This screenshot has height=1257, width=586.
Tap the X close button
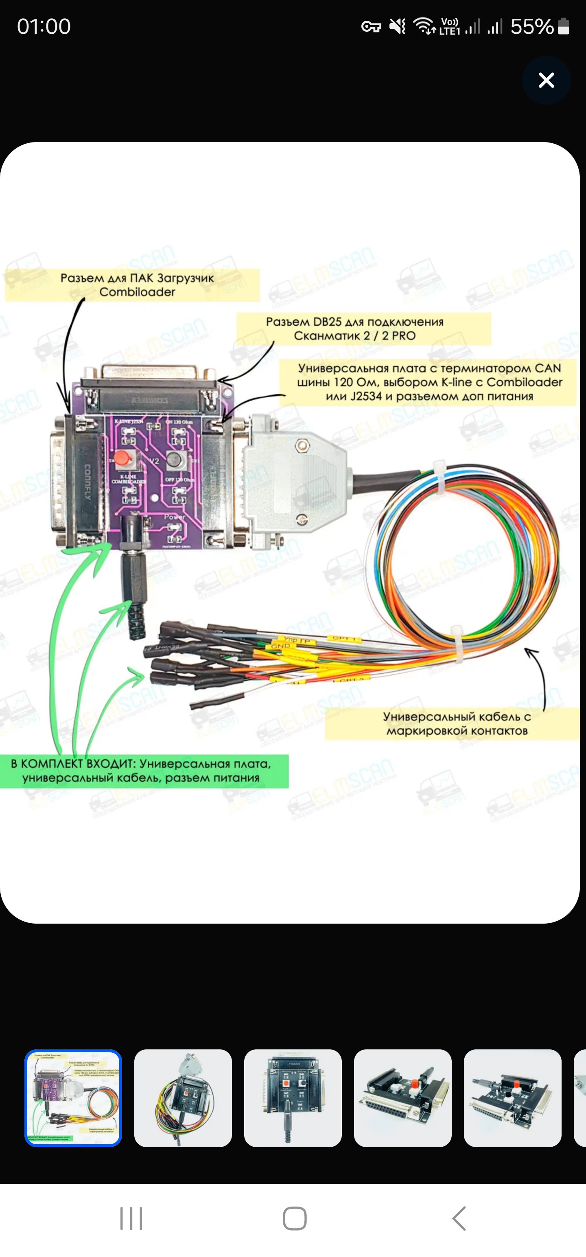coord(546,80)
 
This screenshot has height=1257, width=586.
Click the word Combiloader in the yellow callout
coord(137,292)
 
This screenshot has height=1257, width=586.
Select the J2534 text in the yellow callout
coord(366,396)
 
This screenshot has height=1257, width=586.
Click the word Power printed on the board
coord(174,516)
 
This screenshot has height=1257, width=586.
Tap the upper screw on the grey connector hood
coord(302,445)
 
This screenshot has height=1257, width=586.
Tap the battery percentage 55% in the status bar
coord(531,26)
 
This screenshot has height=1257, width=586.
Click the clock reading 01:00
coord(44,26)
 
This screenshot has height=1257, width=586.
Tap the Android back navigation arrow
coord(459,1218)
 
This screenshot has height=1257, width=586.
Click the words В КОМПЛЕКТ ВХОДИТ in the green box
coord(72,764)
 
